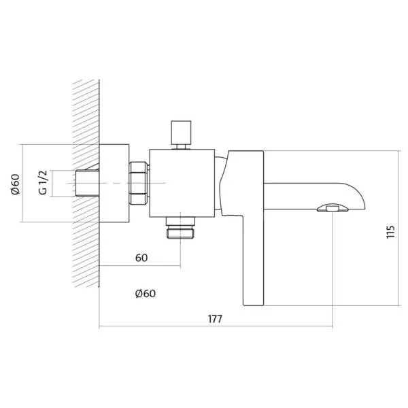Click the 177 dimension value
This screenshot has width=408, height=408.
[x=215, y=319]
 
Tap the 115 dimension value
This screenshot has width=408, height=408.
[x=390, y=232]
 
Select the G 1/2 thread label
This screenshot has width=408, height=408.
[x=44, y=182]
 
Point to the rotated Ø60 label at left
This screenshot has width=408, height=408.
[x=16, y=184]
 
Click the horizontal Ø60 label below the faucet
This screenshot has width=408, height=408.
[x=146, y=294]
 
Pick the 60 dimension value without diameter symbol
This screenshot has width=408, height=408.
[x=141, y=258]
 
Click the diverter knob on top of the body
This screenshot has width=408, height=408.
[x=181, y=134]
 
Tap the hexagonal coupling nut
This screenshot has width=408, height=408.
[x=139, y=183]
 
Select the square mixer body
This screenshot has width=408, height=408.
[x=182, y=183]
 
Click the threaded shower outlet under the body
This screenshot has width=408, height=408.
[x=180, y=228]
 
